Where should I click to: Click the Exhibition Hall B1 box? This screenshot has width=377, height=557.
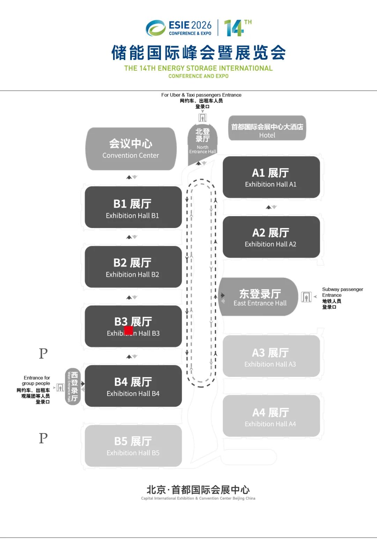(x=133, y=207)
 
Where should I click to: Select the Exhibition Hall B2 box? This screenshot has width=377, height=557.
(x=133, y=267)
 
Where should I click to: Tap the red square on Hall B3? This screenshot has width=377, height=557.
(x=128, y=330)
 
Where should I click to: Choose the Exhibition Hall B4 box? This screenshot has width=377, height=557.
(x=133, y=386)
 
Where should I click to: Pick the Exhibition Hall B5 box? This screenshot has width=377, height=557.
(x=133, y=446)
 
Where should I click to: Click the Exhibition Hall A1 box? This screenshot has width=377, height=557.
(x=271, y=177)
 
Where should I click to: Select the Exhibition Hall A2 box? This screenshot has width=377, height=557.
(x=271, y=237)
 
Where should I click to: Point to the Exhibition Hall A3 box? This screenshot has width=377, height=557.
(x=271, y=356)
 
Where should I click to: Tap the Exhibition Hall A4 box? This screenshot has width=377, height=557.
(x=271, y=416)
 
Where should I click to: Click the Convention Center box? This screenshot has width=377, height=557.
(x=131, y=149)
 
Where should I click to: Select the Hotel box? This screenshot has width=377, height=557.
(x=267, y=128)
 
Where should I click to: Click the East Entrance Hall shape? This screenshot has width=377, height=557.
(x=258, y=297)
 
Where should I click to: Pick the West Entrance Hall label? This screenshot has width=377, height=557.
(x=73, y=387)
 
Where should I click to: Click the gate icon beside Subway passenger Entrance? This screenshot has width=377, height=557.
(x=306, y=297)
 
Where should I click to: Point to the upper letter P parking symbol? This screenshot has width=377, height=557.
(x=43, y=354)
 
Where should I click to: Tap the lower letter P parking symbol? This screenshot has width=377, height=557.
(x=43, y=438)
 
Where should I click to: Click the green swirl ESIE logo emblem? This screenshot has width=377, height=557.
(x=156, y=28)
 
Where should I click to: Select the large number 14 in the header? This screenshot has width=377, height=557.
(x=233, y=28)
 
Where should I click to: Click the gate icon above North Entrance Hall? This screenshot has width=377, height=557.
(x=202, y=118)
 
